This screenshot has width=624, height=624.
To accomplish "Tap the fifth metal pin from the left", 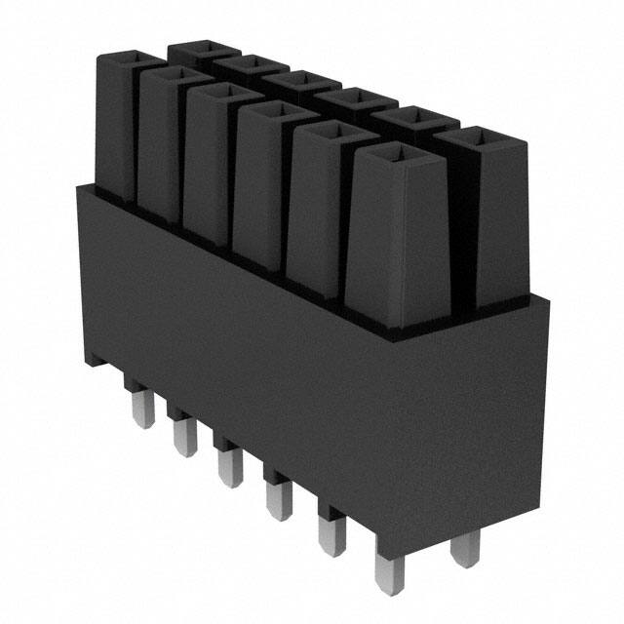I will (329, 533).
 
